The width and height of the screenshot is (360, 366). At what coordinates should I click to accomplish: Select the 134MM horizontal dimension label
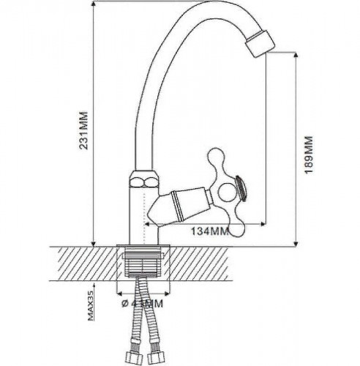(210, 232)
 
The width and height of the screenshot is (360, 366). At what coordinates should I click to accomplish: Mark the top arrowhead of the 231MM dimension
(94, 6)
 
